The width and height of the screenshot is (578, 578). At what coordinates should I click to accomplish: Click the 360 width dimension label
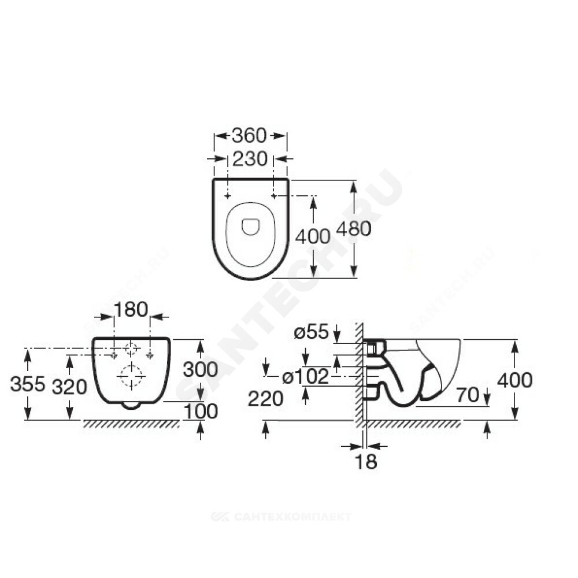[249, 135]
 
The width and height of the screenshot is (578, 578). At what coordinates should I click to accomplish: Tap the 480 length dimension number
[353, 229]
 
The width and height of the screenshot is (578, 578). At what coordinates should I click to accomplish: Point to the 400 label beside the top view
[313, 236]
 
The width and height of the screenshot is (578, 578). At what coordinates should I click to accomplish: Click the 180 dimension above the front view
[131, 310]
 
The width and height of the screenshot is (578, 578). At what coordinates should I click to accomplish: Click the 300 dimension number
[201, 369]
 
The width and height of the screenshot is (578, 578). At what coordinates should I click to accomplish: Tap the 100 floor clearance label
[201, 411]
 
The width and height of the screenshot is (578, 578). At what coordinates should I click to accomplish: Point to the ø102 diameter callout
[306, 377]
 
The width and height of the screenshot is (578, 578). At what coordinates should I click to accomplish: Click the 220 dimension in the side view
[266, 398]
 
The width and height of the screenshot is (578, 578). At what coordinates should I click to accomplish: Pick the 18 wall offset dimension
[366, 461]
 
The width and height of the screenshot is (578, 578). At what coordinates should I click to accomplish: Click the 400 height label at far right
[514, 380]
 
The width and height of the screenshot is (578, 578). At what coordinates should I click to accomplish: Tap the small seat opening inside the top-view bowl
[251, 226]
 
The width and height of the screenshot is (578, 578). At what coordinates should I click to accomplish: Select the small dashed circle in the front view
[132, 349]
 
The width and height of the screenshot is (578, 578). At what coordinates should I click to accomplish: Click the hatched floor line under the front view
[131, 424]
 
